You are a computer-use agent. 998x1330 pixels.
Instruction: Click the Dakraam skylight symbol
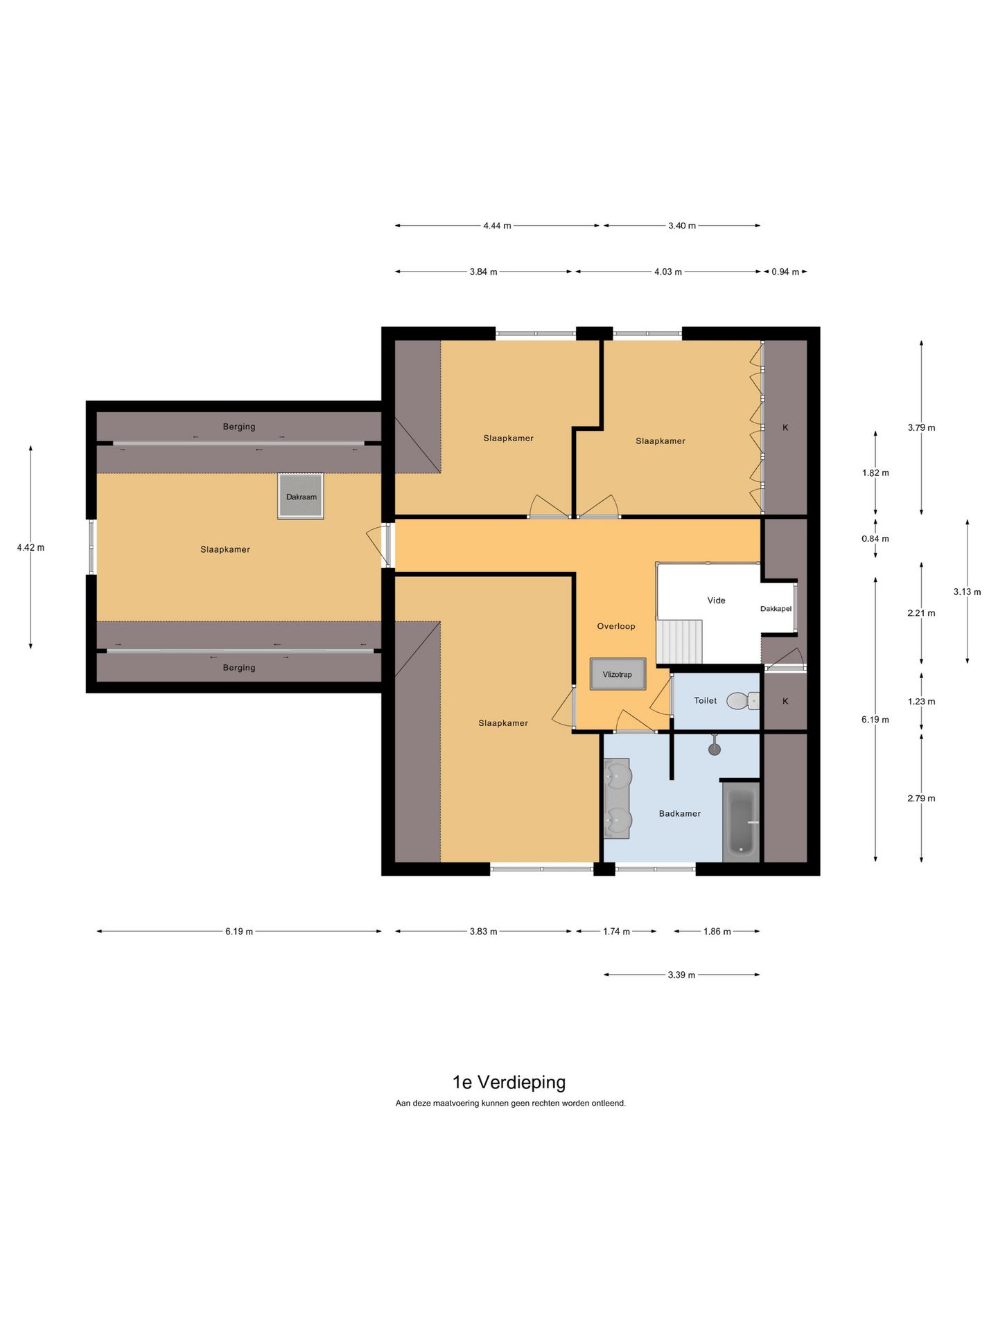pyautogui.click(x=301, y=496)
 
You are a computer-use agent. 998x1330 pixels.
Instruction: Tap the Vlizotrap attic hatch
pyautogui.click(x=618, y=674)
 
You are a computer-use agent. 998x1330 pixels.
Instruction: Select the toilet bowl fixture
pyautogui.click(x=743, y=701)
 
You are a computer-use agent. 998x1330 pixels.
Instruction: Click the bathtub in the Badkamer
pyautogui.click(x=741, y=822)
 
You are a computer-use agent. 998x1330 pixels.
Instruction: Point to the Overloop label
pyautogui.click(x=616, y=626)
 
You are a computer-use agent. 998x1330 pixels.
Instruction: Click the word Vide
pyautogui.click(x=717, y=601)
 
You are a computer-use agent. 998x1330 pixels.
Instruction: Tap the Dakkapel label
pyautogui.click(x=776, y=609)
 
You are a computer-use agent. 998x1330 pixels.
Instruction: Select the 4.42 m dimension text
pyautogui.click(x=30, y=547)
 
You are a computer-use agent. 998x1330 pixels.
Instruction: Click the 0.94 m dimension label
pyautogui.click(x=785, y=272)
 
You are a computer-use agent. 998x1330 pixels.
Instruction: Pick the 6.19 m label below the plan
pyautogui.click(x=239, y=931)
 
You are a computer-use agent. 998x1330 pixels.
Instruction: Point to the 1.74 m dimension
pyautogui.click(x=616, y=931)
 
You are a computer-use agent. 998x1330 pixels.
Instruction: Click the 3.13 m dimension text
pyautogui.click(x=967, y=592)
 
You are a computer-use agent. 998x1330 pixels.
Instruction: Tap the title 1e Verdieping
pyautogui.click(x=509, y=1082)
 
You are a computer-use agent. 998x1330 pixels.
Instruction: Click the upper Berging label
pyautogui.click(x=239, y=427)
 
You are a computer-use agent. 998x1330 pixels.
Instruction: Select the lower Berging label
pyautogui.click(x=239, y=668)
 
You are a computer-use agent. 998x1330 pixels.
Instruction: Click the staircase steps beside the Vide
pyautogui.click(x=680, y=641)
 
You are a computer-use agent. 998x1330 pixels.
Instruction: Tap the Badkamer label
pyautogui.click(x=680, y=813)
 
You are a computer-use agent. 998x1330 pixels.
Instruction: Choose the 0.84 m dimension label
pyautogui.click(x=875, y=538)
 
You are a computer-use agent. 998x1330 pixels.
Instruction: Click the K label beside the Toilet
pyautogui.click(x=785, y=701)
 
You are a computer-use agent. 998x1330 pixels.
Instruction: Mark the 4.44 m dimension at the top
pyautogui.click(x=497, y=225)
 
